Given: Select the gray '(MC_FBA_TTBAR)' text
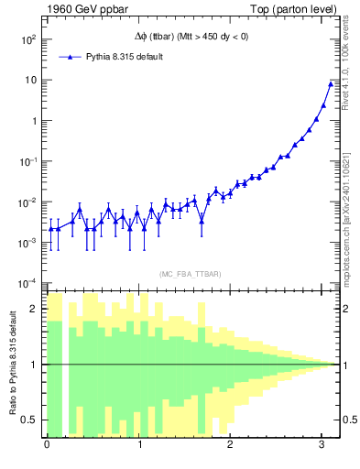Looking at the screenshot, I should (190, 274).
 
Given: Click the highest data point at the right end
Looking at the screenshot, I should (331, 84).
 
